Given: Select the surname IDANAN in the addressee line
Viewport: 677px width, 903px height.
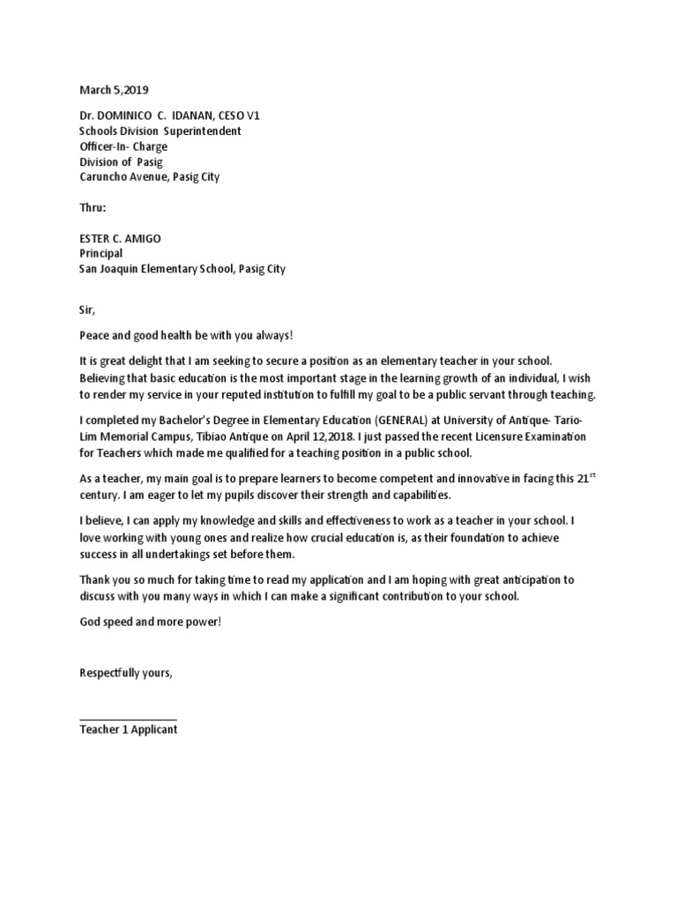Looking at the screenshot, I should (202, 116).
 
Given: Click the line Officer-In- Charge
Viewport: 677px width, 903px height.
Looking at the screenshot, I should (123, 146).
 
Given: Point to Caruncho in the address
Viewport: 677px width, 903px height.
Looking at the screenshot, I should (103, 176).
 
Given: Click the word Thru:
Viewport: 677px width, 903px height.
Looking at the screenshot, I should (93, 208).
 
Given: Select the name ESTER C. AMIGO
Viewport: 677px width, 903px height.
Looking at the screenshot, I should (121, 239).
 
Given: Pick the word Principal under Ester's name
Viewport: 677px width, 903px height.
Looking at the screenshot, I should (101, 254).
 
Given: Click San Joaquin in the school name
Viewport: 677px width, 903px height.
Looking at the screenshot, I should (109, 269).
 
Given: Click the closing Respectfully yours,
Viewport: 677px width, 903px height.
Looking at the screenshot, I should (126, 674).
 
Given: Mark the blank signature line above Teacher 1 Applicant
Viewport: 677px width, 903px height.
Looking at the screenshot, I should (128, 720).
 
